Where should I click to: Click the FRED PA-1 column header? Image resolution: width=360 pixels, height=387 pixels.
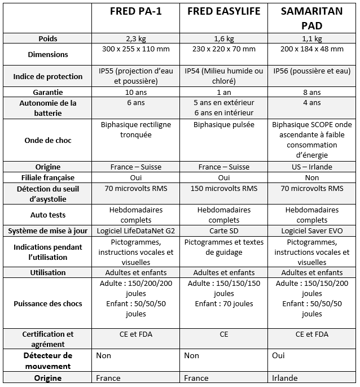(135, 11)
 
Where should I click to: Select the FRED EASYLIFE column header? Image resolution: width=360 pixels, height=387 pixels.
(223, 11)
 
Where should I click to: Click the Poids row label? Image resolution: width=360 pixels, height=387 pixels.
(48, 38)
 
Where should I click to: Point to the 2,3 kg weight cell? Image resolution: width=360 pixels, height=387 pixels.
(135, 38)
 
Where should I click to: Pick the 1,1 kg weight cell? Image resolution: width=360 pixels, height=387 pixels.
(311, 38)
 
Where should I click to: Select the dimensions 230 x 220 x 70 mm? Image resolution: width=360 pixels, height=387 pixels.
(223, 49)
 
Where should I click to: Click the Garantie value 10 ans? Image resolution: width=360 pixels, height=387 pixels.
(135, 92)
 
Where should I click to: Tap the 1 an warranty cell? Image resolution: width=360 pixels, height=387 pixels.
(223, 92)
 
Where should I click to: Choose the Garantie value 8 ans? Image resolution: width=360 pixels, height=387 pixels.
(311, 92)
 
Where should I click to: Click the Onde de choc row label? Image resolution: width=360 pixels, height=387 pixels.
(48, 140)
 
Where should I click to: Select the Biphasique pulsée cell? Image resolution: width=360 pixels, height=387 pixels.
(223, 125)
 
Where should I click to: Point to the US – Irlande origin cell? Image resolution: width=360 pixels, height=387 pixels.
(311, 167)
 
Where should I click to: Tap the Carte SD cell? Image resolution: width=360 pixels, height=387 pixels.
(223, 231)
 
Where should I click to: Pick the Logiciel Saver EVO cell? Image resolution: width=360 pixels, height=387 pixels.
(311, 231)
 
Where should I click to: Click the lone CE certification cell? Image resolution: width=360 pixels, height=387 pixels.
(223, 334)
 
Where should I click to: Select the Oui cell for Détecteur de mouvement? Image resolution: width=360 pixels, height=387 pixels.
(278, 356)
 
